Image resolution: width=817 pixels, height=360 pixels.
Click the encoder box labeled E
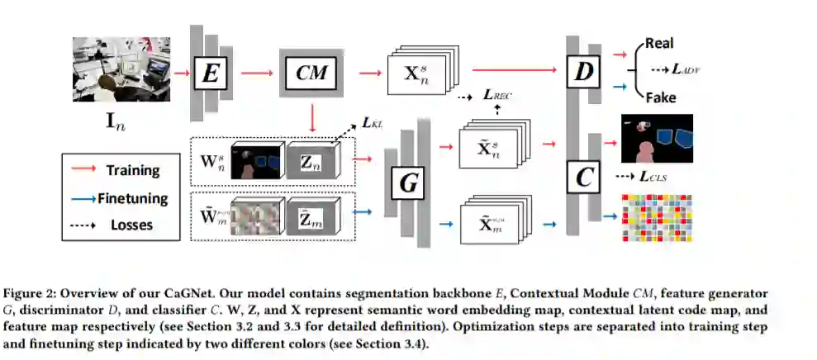pos(212,73)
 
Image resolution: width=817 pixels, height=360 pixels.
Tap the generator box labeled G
pos(408,183)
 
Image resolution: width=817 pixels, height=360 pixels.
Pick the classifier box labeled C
pos(584,174)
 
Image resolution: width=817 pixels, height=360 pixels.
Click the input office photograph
pos(122,73)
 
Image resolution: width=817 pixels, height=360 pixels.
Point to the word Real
pos(660,43)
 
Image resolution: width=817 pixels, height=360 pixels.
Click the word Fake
pos(661,97)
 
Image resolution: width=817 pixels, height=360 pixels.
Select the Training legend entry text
pos(131,171)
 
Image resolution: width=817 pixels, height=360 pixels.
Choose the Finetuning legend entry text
pos(132,198)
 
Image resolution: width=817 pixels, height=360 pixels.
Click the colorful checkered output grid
pos(657,218)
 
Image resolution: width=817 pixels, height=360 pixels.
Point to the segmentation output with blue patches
pos(656,138)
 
